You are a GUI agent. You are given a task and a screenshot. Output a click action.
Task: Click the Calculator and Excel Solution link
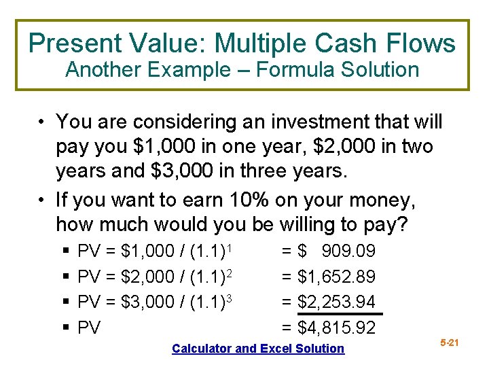tap(258, 349)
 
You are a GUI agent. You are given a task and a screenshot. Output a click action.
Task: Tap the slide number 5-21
tap(450, 343)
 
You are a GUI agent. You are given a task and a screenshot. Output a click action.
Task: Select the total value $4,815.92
tap(337, 328)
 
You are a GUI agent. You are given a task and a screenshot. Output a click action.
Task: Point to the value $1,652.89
tap(337, 277)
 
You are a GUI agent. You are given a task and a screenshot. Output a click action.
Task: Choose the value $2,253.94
tap(337, 302)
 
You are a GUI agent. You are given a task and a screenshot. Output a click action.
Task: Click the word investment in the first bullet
tap(319, 122)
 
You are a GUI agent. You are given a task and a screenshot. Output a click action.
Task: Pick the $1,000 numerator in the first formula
tap(146, 252)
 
